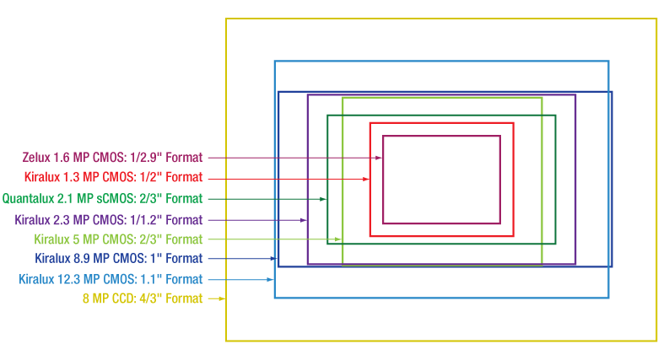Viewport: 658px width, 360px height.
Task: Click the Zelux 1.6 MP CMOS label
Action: tap(112, 158)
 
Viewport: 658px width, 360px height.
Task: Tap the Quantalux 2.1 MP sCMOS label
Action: tap(102, 199)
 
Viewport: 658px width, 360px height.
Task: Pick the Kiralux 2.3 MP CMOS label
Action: tap(109, 219)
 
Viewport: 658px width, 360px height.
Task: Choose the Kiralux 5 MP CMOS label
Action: tap(118, 239)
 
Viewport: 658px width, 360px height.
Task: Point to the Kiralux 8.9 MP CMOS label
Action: tap(118, 259)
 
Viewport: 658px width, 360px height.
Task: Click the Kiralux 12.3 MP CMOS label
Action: tap(111, 279)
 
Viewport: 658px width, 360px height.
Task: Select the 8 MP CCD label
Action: tap(143, 298)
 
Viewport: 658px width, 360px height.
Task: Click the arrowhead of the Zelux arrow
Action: tap(380, 158)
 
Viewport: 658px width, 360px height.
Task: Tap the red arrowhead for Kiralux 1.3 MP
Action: tap(366, 179)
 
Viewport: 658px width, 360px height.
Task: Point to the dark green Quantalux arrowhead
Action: tap(323, 199)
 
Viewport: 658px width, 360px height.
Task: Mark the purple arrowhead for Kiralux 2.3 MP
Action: tap(304, 220)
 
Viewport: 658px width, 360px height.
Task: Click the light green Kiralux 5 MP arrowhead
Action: tap(338, 239)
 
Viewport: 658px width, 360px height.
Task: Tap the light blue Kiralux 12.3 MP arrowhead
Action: tap(270, 279)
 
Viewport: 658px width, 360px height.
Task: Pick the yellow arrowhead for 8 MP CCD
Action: tap(222, 298)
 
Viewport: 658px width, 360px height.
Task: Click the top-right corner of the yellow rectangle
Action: tap(655, 19)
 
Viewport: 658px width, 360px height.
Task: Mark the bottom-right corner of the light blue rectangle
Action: tap(608, 298)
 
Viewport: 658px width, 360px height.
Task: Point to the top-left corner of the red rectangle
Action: tap(370, 124)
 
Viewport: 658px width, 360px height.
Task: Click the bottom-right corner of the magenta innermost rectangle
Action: tap(500, 223)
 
